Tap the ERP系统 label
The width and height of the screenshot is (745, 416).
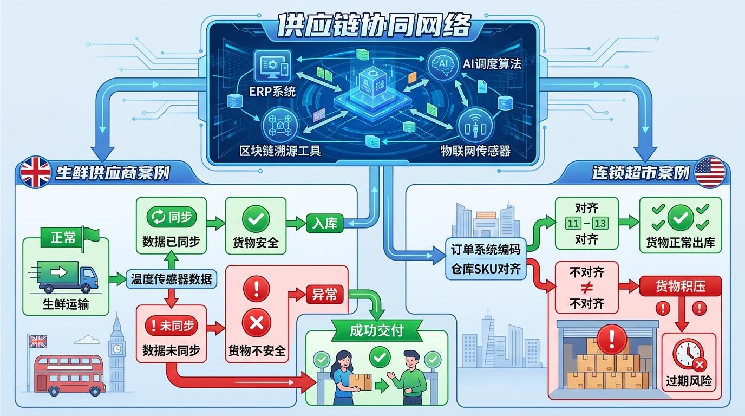272,91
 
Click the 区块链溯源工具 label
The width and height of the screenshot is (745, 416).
280,150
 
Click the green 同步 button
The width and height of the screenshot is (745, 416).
171,217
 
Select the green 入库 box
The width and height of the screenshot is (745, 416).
324,223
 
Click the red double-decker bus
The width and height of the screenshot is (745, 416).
69,373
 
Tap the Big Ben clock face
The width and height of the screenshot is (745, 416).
116,347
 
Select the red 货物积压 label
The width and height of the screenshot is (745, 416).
680,286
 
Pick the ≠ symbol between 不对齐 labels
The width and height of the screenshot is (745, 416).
586,287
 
